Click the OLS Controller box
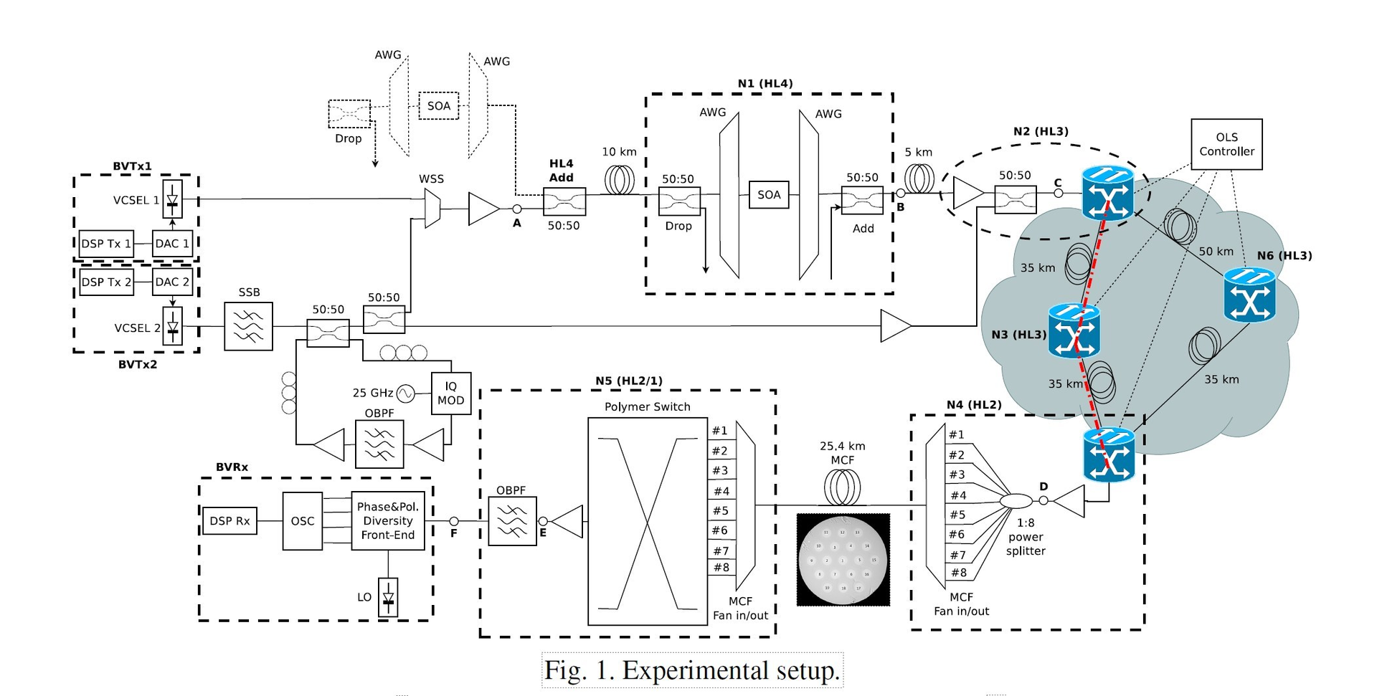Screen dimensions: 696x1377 (1226, 144)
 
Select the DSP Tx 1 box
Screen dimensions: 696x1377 (105, 244)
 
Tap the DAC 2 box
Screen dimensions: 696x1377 (172, 282)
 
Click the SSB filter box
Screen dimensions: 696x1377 (248, 326)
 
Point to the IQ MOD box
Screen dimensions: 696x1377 (451, 393)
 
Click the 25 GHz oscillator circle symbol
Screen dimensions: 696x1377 (406, 393)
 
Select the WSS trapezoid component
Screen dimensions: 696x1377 (432, 209)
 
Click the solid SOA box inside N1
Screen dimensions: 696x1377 (769, 195)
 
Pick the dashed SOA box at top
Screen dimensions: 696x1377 (438, 106)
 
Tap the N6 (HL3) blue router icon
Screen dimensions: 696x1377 (1249, 295)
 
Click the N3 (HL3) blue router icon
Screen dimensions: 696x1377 (1074, 330)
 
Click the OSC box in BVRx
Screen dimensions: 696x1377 (302, 521)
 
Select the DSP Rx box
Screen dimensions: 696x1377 (229, 521)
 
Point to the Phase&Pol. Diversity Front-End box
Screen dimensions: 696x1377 (387, 521)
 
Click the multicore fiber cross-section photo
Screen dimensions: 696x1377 (843, 560)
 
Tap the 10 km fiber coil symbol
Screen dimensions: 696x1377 (620, 180)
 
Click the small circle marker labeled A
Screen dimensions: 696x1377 (516, 209)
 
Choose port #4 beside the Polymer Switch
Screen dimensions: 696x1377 (721, 491)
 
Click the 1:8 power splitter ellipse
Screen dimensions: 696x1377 (1016, 500)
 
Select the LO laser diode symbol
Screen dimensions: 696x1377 (388, 597)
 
